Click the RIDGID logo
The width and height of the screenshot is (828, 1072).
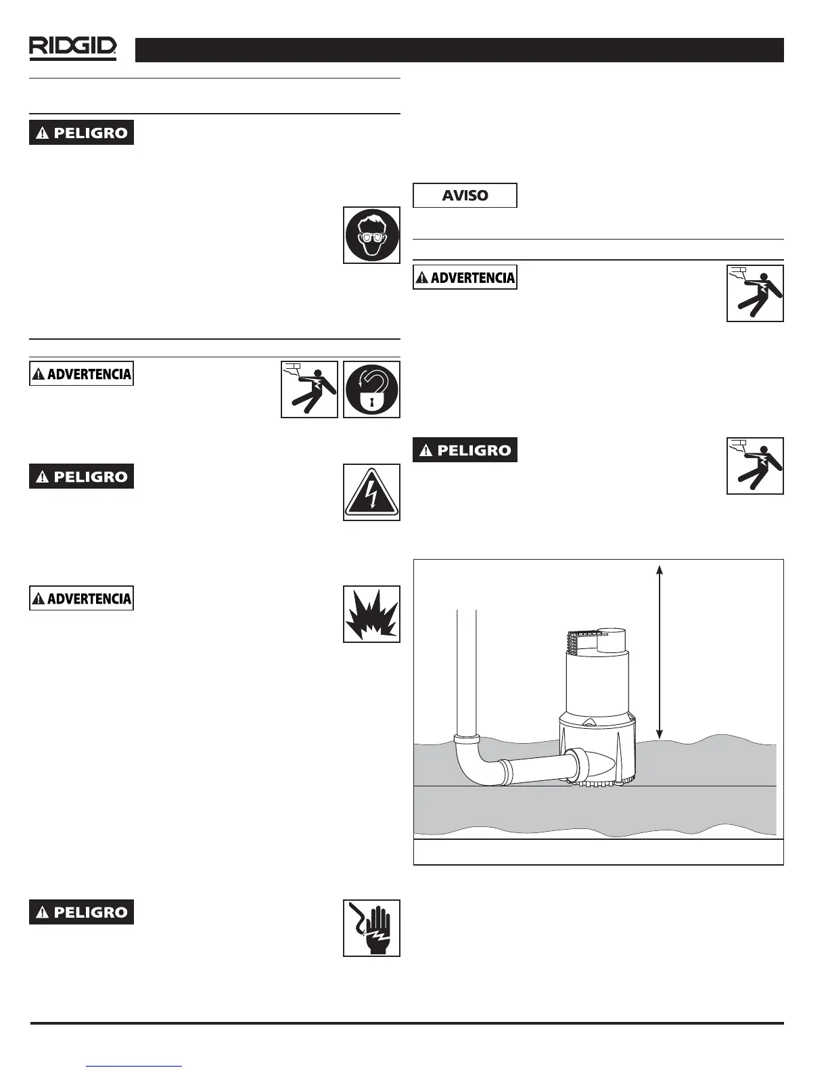click(x=72, y=49)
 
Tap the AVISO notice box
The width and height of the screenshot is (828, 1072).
click(x=465, y=196)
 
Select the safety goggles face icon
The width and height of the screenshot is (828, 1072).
click(x=371, y=236)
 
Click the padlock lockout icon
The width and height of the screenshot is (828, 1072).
click(x=371, y=390)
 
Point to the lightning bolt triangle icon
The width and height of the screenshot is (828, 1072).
click(x=371, y=493)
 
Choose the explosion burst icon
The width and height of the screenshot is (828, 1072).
click(x=371, y=614)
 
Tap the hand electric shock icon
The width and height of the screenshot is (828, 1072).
click(x=371, y=928)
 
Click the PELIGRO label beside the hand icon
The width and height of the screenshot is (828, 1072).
click(x=81, y=912)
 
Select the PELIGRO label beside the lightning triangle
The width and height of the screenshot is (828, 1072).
click(x=81, y=476)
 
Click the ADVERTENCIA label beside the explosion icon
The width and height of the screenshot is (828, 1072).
click(x=81, y=598)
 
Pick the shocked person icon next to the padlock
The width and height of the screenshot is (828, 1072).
click(x=309, y=390)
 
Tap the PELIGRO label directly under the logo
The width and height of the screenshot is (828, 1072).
click(x=81, y=133)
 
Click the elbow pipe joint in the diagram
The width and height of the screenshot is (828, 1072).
click(x=473, y=761)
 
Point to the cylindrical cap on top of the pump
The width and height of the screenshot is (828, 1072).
click(x=612, y=639)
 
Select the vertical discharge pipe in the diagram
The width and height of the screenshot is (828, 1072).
click(x=466, y=670)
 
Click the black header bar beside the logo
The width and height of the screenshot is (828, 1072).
click(x=459, y=50)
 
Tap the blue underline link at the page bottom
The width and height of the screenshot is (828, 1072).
click(x=135, y=1066)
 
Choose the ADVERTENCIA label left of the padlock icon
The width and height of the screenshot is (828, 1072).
click(x=81, y=374)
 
